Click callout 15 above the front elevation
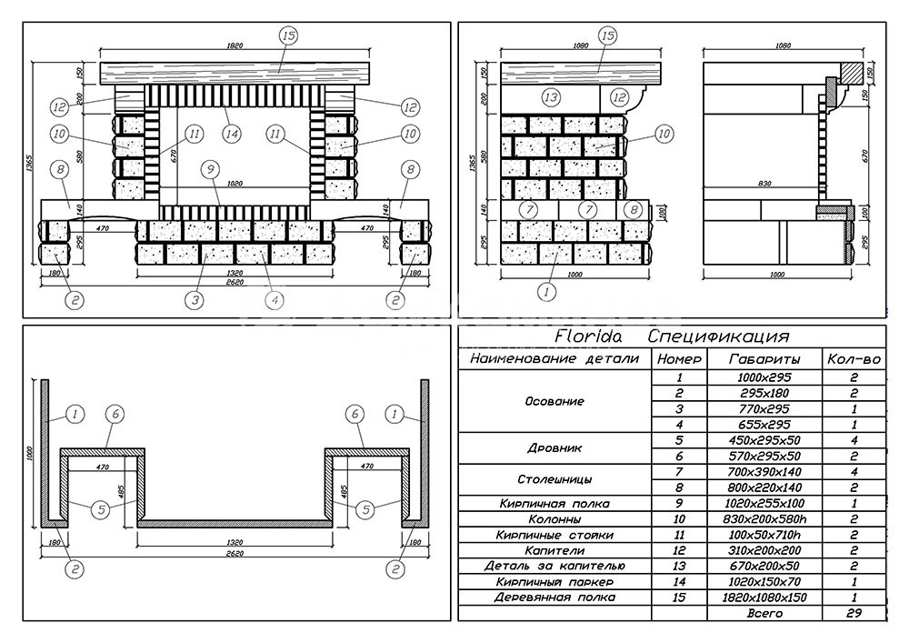288,35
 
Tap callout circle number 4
275,299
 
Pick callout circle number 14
232,134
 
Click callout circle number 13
549,96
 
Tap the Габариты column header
764,359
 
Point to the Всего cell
764,614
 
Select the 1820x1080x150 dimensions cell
764,598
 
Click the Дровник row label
554,448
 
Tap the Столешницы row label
554,479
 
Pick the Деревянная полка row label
554,598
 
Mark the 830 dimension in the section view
764,185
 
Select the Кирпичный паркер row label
554,581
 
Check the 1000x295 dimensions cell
764,377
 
